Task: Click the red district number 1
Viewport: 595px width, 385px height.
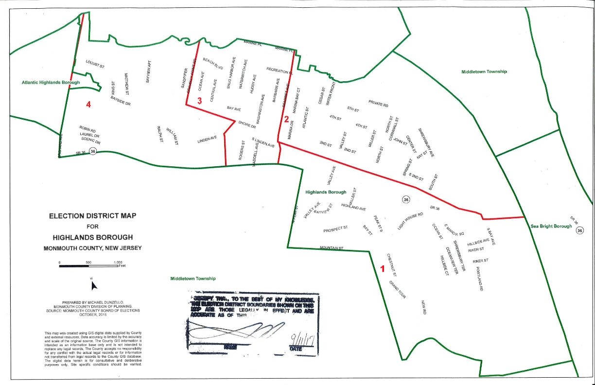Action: click(x=382, y=268)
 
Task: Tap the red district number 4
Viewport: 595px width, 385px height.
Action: click(x=88, y=104)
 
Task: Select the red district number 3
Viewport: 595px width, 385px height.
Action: click(x=200, y=100)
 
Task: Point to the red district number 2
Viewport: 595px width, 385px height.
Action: click(x=287, y=119)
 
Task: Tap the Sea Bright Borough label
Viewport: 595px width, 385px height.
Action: click(x=551, y=226)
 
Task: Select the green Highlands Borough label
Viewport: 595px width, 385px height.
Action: click(x=326, y=192)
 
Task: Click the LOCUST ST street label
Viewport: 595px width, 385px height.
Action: click(x=95, y=64)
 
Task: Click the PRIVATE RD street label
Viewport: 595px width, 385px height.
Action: click(x=378, y=104)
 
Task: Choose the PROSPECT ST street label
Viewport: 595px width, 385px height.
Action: click(x=335, y=227)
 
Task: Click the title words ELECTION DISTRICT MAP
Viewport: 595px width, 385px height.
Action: click(x=92, y=215)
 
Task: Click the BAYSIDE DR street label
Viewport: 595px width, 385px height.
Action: click(x=121, y=101)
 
